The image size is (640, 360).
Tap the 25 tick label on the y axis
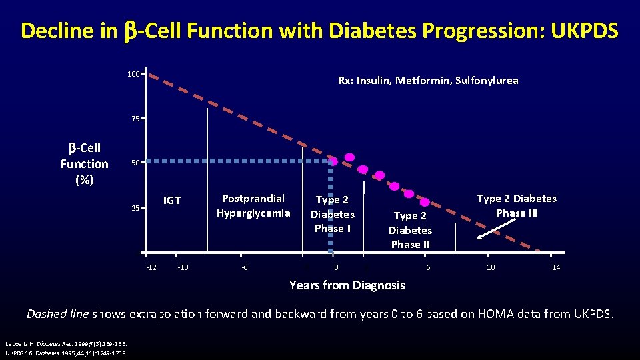click(x=135, y=208)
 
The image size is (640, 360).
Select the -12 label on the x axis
click(x=151, y=267)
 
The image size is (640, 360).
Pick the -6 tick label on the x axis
click(x=245, y=267)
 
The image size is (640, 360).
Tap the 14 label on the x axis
click(x=555, y=267)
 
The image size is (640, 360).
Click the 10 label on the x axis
click(x=491, y=267)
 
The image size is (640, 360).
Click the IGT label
click(x=172, y=200)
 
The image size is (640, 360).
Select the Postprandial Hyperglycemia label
click(x=253, y=206)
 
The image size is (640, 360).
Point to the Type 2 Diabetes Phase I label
click(x=332, y=214)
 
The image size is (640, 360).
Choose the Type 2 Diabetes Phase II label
click(x=410, y=230)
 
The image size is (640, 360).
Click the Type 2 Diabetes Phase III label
click(x=516, y=205)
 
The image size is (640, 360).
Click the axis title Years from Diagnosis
click(x=347, y=285)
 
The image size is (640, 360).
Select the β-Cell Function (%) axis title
click(x=84, y=164)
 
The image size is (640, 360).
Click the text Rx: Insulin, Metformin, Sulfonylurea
click(x=427, y=81)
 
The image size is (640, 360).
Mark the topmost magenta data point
click(x=349, y=158)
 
